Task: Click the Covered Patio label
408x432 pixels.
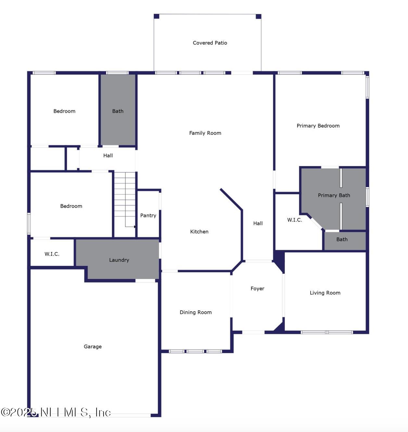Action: click(210, 43)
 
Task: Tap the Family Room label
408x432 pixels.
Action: click(205, 133)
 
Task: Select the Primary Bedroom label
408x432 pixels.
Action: click(318, 126)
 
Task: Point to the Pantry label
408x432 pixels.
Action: click(148, 215)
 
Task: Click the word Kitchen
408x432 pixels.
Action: click(199, 232)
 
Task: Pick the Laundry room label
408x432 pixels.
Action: click(119, 260)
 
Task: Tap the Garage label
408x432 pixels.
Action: click(93, 347)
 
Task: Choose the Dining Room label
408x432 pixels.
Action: click(196, 312)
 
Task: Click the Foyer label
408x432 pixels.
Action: click(257, 288)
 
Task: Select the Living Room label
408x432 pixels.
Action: click(325, 293)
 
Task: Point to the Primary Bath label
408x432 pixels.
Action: click(334, 195)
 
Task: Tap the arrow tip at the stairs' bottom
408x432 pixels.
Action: click(135, 227)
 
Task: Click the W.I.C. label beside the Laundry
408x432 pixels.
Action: click(52, 254)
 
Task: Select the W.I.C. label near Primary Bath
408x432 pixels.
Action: click(294, 220)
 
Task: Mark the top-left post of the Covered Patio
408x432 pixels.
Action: click(157, 16)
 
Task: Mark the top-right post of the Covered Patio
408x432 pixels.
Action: click(259, 16)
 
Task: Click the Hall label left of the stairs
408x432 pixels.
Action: click(108, 156)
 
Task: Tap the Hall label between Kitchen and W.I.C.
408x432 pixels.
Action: click(258, 223)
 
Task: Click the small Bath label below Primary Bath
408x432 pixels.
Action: click(342, 239)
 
